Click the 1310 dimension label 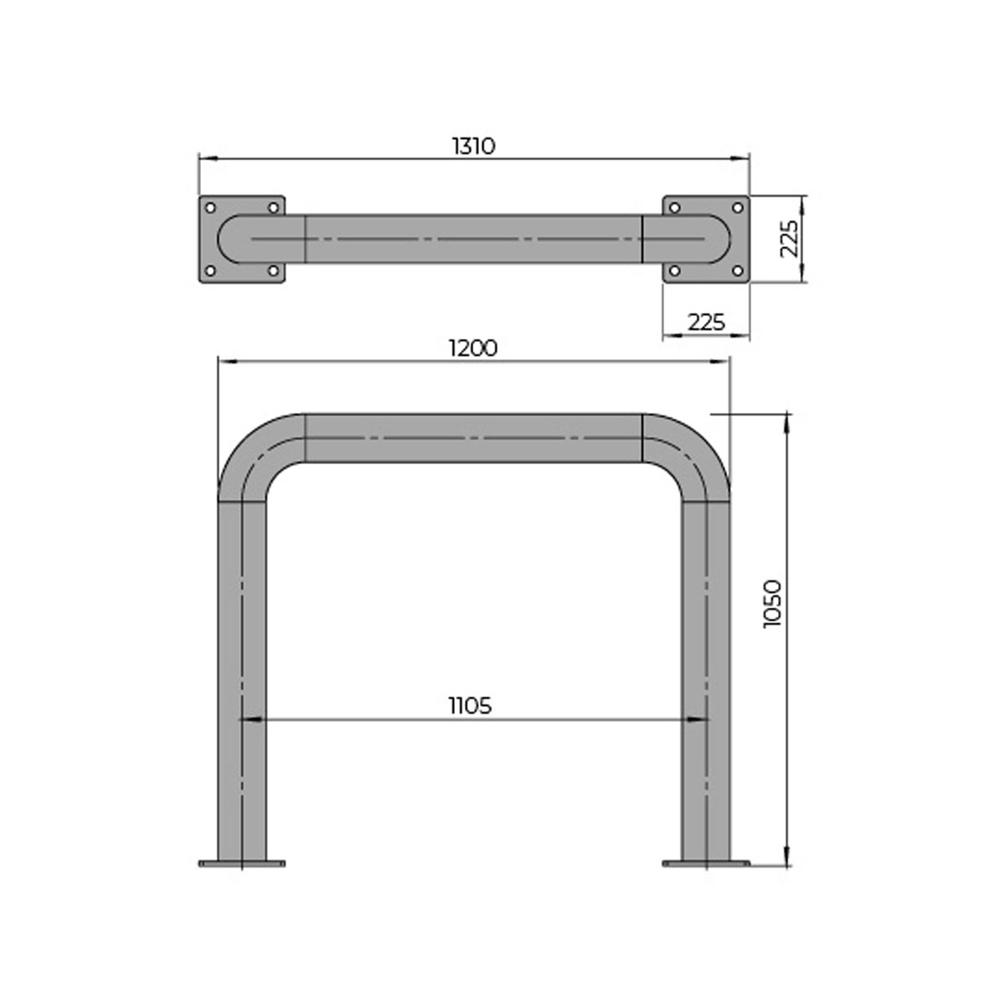pyautogui.click(x=474, y=146)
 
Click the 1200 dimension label pyautogui.click(x=473, y=348)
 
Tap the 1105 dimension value pyautogui.click(x=469, y=706)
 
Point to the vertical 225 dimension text pyautogui.click(x=788, y=239)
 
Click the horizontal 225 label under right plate pyautogui.click(x=705, y=322)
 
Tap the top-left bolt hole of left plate pyautogui.click(x=210, y=207)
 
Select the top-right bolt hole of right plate pyautogui.click(x=738, y=207)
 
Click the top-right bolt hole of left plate pyautogui.click(x=273, y=207)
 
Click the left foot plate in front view pyautogui.click(x=241, y=863)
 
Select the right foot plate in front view pyautogui.click(x=706, y=863)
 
